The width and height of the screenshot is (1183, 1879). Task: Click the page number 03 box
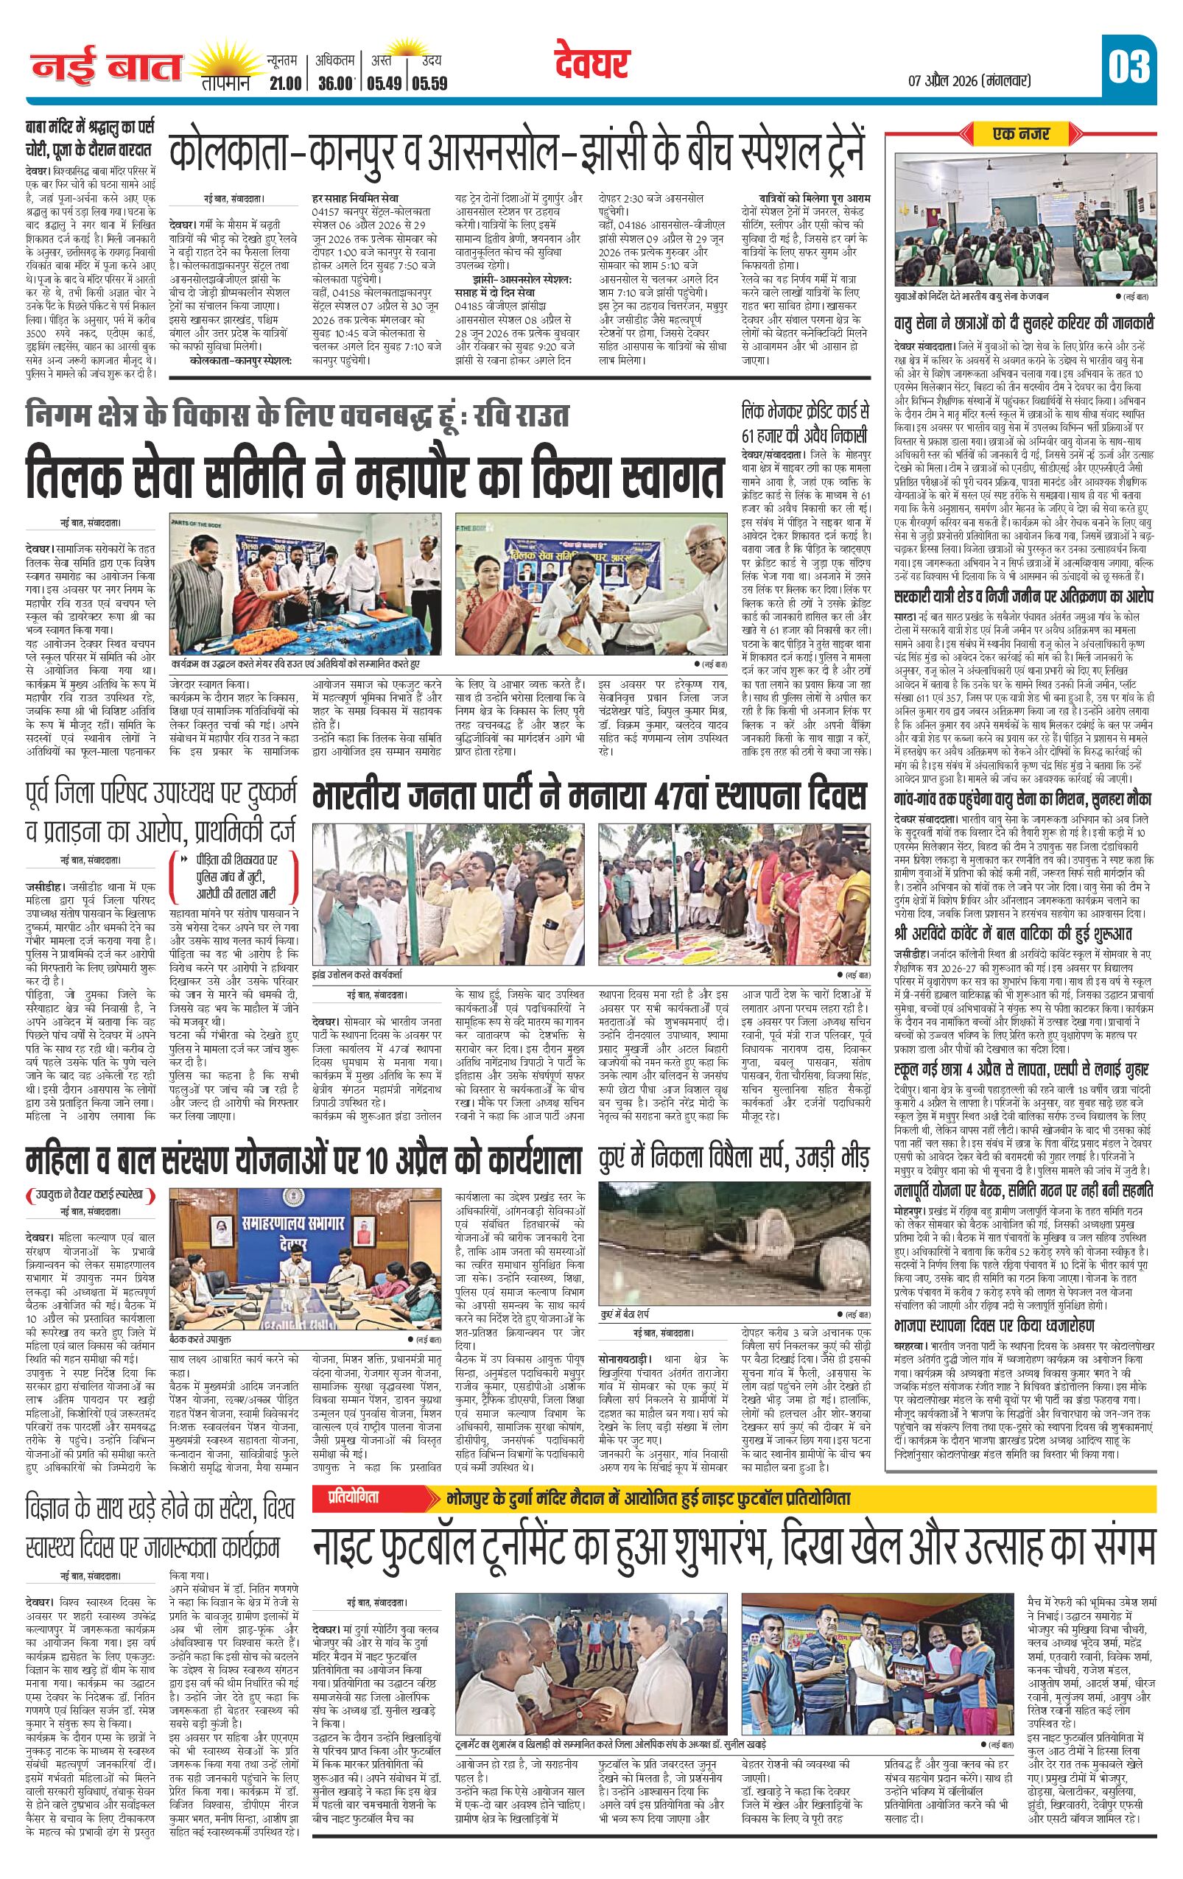click(1128, 67)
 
